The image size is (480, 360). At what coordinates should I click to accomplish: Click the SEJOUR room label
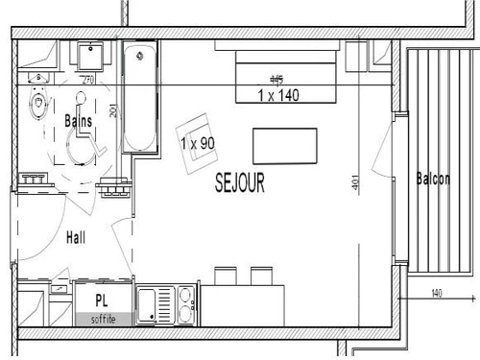tap(239, 180)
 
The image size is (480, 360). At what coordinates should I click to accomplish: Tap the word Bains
tap(77, 121)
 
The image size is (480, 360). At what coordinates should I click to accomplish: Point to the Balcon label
tap(433, 180)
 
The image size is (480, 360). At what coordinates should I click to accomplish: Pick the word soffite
tap(104, 319)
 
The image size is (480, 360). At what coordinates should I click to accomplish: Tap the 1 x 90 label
tap(196, 143)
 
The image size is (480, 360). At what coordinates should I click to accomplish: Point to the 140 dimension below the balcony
tap(437, 293)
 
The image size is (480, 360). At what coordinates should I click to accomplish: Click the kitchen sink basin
tap(150, 303)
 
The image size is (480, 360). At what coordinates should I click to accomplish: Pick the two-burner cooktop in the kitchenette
tap(183, 303)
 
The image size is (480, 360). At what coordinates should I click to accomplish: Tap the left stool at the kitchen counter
tap(226, 276)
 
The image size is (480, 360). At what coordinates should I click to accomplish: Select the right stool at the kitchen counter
tap(261, 276)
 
